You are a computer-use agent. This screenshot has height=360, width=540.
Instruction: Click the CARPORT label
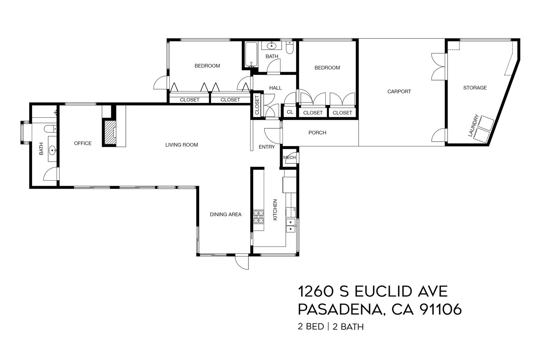(x=399, y=92)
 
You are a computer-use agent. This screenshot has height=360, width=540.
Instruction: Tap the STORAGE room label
(x=475, y=88)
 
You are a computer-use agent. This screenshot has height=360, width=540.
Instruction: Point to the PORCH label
(x=317, y=133)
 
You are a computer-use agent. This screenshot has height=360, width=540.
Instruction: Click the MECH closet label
(x=289, y=157)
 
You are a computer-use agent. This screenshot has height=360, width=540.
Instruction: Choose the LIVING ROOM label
(x=181, y=145)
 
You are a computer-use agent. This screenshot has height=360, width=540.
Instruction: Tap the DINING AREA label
(x=225, y=214)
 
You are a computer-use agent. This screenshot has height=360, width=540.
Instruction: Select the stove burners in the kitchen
(x=258, y=217)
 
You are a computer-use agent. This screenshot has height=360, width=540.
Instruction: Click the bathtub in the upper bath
(x=251, y=55)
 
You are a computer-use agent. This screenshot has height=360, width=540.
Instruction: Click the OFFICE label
(x=83, y=143)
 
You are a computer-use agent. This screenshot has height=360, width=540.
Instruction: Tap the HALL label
(x=275, y=88)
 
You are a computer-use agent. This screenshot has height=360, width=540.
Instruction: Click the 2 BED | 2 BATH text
(x=331, y=327)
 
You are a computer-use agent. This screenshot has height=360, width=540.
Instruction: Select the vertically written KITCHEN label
(x=275, y=210)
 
